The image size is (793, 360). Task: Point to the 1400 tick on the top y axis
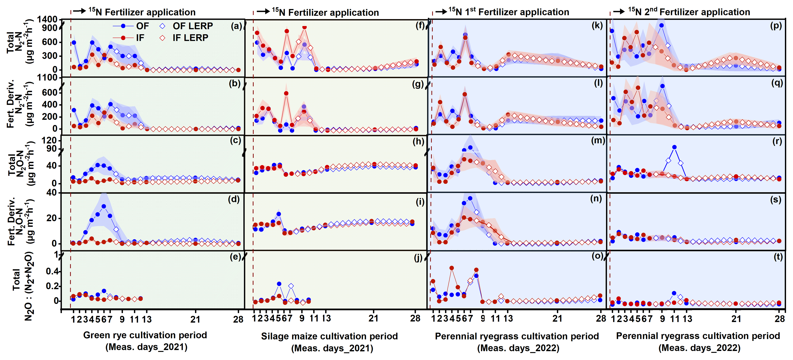(x=47, y=19)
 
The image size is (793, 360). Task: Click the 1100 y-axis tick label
(x=47, y=78)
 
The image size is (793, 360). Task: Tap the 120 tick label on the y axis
(x=49, y=140)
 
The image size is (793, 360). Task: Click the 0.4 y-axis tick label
(x=52, y=271)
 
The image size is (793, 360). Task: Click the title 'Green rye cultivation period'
(x=145, y=335)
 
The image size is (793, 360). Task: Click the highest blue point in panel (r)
(x=674, y=147)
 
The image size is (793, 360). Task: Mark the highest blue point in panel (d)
(x=104, y=206)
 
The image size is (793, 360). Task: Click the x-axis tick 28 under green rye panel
(x=238, y=319)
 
